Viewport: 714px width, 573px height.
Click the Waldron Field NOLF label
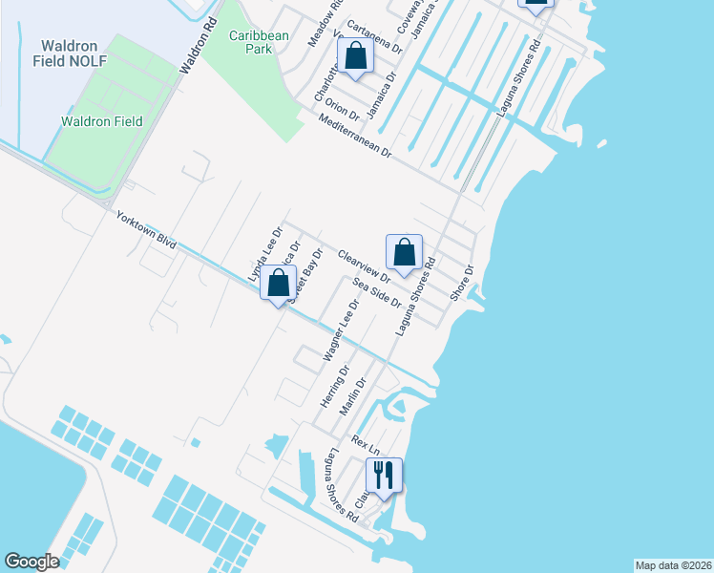(x=73, y=53)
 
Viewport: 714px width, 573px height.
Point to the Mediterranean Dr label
(x=355, y=136)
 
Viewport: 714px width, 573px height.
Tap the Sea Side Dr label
(x=377, y=292)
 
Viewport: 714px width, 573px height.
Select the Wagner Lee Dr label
(x=340, y=330)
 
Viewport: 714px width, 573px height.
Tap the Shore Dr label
(x=462, y=282)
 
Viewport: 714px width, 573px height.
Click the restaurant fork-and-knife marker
(x=384, y=475)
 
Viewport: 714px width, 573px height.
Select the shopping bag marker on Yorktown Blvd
(x=278, y=284)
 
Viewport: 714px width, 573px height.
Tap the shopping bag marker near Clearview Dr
(x=405, y=253)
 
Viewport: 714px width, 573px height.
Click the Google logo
(x=31, y=562)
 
